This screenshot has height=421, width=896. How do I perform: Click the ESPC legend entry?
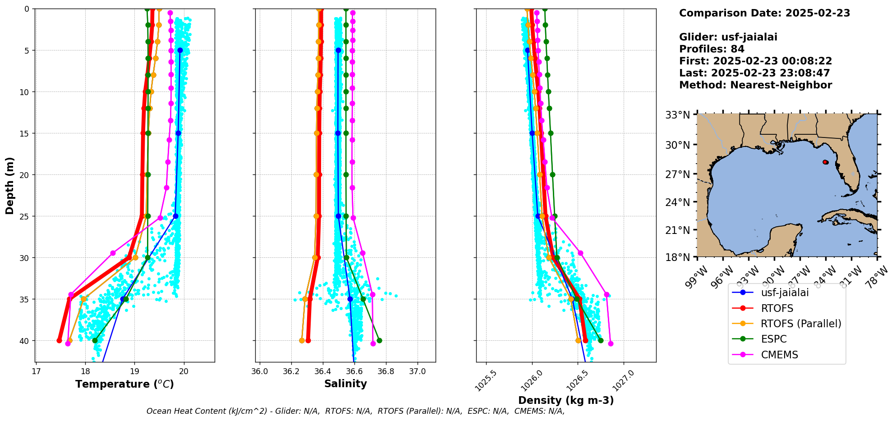point(773,339)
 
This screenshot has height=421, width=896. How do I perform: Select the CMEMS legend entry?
point(779,355)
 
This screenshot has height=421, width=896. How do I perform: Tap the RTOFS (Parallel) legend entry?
point(800,324)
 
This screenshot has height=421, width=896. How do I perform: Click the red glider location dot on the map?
point(825,162)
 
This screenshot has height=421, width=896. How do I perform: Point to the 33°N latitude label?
point(678,115)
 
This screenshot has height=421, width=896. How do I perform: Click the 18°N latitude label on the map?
point(678,257)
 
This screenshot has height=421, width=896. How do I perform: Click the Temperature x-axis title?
point(124,384)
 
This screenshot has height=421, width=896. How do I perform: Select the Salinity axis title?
point(345,384)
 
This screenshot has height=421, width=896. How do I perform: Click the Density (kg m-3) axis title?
point(566,400)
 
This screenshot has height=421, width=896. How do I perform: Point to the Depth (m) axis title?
point(10,186)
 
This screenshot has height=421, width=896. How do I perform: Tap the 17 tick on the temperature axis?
point(36,371)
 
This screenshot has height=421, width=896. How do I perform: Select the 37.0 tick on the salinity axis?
point(418,371)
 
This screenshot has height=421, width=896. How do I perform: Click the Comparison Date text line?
point(764,13)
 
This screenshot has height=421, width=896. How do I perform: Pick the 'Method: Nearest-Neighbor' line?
point(755,85)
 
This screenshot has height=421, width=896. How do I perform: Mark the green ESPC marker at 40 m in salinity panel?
point(379,340)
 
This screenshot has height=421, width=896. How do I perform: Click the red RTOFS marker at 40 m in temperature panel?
point(59,340)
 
